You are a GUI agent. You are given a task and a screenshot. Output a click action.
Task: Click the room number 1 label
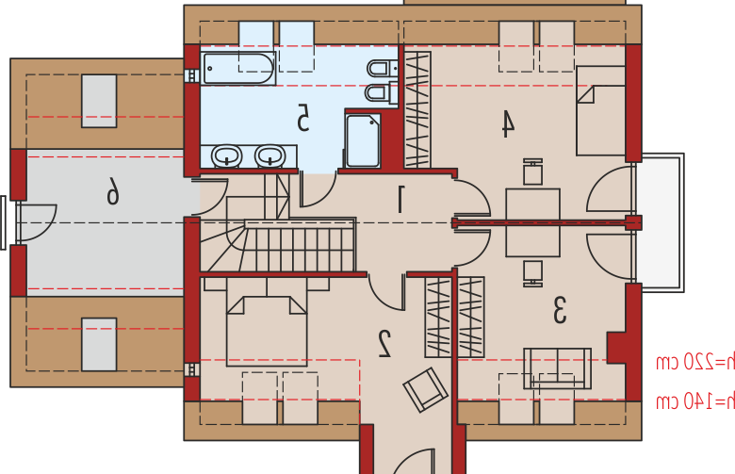400,199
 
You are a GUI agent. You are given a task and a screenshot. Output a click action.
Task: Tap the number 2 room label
384,344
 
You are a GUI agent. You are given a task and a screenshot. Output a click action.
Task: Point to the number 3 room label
560,310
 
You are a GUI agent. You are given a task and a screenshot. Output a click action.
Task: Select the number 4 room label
507,123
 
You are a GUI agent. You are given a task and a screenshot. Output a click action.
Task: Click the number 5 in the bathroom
302,117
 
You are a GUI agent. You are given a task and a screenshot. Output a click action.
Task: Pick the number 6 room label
112,190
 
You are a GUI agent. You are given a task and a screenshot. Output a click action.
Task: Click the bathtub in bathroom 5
238,69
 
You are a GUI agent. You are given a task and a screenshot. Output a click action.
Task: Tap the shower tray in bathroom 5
363,140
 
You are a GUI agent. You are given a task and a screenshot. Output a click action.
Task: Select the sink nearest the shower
270,155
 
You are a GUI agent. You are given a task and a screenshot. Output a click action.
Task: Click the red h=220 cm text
695,362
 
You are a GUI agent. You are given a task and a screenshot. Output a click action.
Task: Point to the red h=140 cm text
695,401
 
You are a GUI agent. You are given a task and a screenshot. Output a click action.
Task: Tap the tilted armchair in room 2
426,390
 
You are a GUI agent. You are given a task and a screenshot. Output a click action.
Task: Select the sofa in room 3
557,368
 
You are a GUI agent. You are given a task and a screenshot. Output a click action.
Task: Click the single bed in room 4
600,110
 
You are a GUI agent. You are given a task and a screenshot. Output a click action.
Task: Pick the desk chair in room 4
533,172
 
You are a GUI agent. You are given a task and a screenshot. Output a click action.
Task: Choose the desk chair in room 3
533,274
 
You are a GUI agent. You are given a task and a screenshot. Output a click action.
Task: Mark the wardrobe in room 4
417,109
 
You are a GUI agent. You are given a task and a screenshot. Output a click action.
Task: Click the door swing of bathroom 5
318,189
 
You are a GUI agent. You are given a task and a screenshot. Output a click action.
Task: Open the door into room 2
386,291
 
